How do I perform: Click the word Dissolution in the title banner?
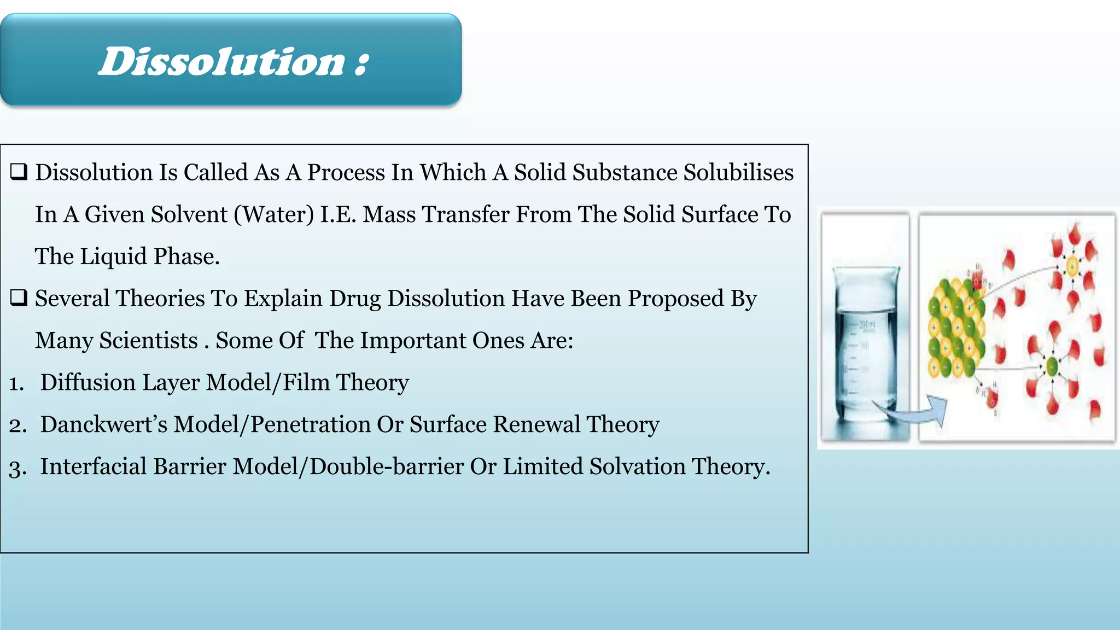(x=221, y=61)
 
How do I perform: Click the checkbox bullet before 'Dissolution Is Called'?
(x=19, y=172)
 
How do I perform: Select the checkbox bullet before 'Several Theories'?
(x=19, y=298)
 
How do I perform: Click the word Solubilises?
(x=738, y=172)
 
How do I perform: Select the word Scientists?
(x=148, y=340)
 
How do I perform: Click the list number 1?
(x=16, y=383)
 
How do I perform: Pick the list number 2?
(x=17, y=425)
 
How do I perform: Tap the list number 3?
(x=17, y=468)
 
